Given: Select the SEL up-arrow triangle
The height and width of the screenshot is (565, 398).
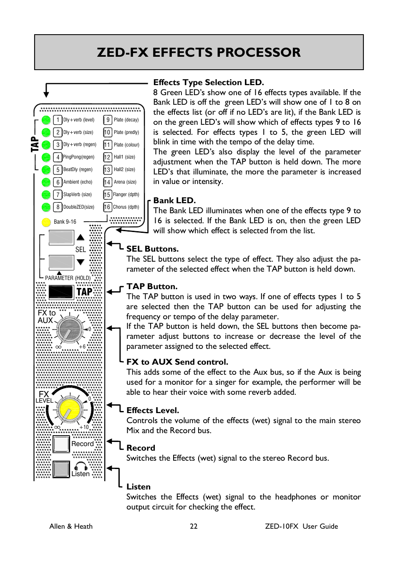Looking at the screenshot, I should pos(81,237).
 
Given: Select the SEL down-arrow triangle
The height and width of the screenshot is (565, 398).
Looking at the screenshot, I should pos(81,262).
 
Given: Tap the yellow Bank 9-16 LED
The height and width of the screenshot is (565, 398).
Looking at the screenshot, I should pos(46,222).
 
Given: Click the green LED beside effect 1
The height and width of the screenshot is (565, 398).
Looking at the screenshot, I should pos(46,120).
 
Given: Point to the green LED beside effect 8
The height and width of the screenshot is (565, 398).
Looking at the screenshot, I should pos(46,207).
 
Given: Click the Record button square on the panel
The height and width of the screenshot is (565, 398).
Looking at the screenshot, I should pos(61,444).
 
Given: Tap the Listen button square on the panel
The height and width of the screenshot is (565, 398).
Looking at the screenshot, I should pos(61,469).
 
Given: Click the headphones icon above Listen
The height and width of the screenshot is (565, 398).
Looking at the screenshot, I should pos(81,466).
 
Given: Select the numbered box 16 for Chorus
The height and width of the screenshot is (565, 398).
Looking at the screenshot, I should pos(107,207).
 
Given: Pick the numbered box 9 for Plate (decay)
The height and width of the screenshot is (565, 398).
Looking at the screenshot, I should pos(108,120).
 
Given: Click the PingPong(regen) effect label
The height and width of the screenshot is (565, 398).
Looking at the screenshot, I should pos(78,157).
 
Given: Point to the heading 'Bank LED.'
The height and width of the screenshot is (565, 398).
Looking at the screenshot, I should pos(174,200).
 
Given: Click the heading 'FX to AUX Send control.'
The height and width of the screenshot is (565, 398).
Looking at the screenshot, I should pos(177,362).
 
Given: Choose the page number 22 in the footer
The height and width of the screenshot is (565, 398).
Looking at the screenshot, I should pos(194,526).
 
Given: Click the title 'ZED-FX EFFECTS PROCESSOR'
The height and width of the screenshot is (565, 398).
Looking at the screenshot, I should pos(199,53).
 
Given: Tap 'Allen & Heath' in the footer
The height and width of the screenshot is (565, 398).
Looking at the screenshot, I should pos(71,526).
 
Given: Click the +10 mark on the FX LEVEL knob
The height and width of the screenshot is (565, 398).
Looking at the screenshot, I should pos(84,427).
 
